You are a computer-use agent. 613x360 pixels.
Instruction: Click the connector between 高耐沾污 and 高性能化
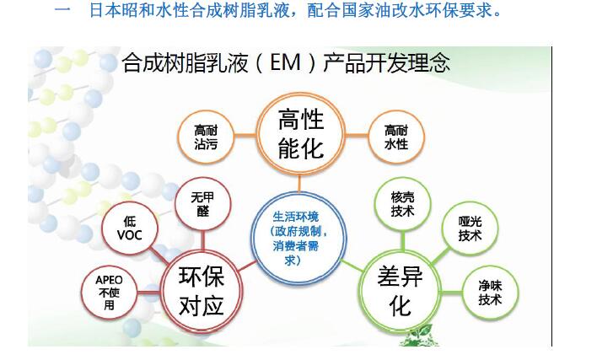coord(245,136)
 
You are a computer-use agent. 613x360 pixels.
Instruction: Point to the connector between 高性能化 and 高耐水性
coord(357,136)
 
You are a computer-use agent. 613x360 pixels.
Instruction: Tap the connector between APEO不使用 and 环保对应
coord(149,293)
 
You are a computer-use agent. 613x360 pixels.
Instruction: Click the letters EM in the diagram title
coord(285,62)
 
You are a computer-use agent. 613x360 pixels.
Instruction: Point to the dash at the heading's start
coord(62,10)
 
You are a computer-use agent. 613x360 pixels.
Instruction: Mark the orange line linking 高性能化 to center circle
coord(300,183)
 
